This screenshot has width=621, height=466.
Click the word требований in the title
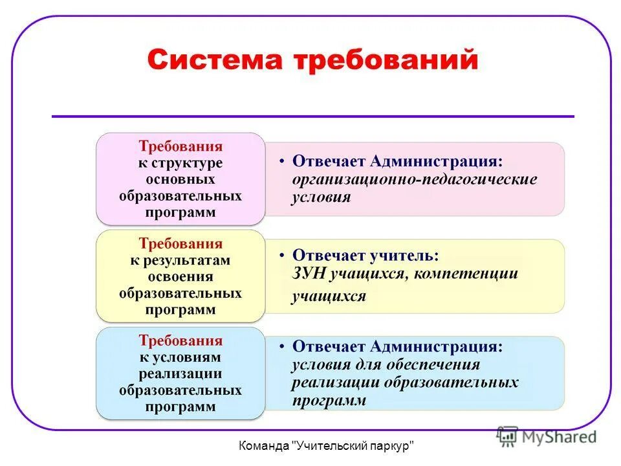386,61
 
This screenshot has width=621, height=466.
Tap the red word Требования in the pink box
180,147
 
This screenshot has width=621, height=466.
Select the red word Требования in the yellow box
180,244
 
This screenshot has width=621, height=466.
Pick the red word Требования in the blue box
180,341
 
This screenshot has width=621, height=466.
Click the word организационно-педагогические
415,179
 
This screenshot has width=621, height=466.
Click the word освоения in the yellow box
180,277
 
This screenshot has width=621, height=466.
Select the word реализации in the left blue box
180,374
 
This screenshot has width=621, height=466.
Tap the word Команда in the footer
264,446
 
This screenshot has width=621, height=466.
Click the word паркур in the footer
392,446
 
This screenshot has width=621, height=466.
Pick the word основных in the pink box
180,179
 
